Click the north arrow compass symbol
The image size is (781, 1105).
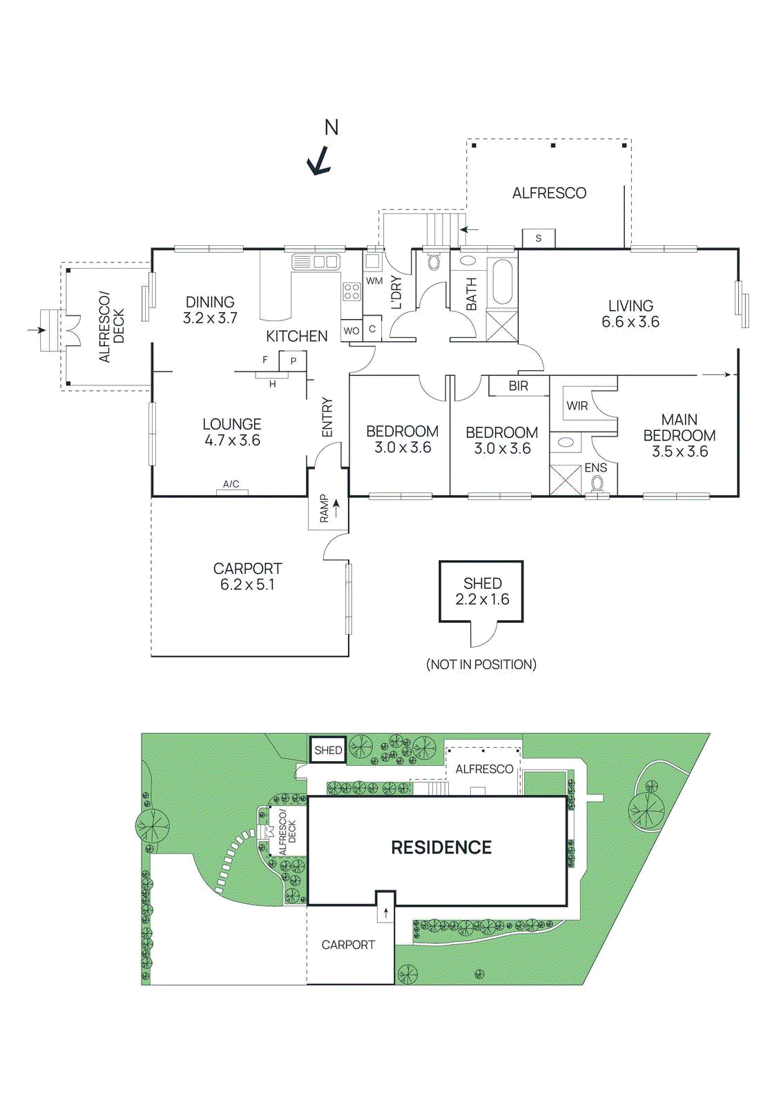(x=319, y=162)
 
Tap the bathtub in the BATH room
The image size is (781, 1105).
(x=502, y=282)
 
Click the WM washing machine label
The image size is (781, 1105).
(x=374, y=281)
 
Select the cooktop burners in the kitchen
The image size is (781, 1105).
(x=351, y=291)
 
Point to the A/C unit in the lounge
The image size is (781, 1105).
(x=231, y=485)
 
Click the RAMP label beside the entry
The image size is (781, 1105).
(x=325, y=508)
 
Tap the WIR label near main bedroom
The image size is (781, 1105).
(x=577, y=406)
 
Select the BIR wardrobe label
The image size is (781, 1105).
(x=519, y=386)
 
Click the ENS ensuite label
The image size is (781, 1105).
(x=596, y=468)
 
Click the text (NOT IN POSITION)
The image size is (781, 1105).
(x=481, y=664)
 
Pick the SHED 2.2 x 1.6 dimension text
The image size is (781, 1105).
(x=482, y=599)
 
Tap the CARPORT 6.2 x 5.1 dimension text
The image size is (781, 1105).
(x=247, y=584)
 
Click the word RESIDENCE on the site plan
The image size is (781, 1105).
(x=441, y=847)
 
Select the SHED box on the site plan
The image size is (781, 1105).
(x=328, y=750)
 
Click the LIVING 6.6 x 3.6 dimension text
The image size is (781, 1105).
(x=630, y=322)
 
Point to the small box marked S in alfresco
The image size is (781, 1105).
(x=539, y=238)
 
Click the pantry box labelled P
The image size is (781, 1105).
(x=293, y=361)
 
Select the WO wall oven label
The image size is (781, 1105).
(x=351, y=331)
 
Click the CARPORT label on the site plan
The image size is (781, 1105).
(x=348, y=945)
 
